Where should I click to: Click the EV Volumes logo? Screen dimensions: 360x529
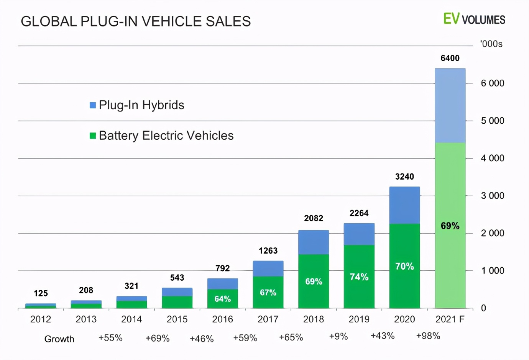tap(474, 19)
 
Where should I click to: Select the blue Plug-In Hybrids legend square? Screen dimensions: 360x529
tap(93, 105)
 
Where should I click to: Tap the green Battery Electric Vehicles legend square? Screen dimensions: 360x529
tap(93, 136)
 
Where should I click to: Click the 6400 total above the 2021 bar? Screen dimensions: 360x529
tap(450, 58)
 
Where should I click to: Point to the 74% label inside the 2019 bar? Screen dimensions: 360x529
tap(359, 277)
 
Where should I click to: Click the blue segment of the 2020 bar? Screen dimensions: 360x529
tap(404, 205)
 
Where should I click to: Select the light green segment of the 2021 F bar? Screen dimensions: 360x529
tap(450, 191)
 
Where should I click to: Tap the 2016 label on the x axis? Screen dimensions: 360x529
tap(222, 319)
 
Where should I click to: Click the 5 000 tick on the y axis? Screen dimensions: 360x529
tap(493, 121)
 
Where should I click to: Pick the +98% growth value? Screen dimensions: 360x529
tap(428, 336)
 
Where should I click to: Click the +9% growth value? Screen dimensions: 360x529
tap(338, 336)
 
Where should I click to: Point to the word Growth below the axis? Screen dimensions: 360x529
tap(59, 339)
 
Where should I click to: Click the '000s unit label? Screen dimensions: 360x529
tap(491, 44)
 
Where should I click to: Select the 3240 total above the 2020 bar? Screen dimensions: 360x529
tap(404, 177)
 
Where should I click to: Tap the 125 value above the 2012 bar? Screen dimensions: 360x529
tap(41, 293)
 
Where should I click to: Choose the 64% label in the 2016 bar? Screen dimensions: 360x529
tap(222, 299)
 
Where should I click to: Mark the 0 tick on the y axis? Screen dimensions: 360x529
tap(484, 308)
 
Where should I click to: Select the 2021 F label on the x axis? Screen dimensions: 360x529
tap(450, 319)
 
